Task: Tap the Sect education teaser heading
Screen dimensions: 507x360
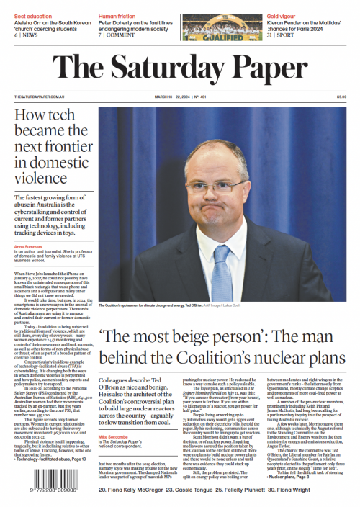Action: point(30,14)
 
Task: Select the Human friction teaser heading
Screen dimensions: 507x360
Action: point(117,14)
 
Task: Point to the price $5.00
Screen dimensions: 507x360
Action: point(341,98)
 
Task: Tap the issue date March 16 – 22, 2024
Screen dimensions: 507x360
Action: point(178,98)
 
